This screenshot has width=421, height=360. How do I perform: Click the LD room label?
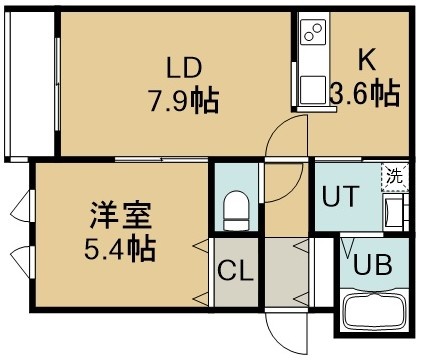coord(184,67)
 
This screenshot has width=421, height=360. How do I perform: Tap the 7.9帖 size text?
coord(184,100)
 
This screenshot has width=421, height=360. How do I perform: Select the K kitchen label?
coord(367,60)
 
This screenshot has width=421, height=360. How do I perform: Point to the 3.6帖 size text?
coord(365,93)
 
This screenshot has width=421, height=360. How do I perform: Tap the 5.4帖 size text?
coord(120,248)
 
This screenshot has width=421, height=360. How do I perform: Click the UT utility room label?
coord(341,196)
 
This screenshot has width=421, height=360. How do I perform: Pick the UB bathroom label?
coord(372,265)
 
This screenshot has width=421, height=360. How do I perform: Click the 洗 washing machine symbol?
coord(395,177)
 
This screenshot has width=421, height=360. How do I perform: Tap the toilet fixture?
coord(236,210)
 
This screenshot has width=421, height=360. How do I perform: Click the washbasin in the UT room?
coord(394,212)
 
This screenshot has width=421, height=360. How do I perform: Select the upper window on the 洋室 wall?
coord(23,206)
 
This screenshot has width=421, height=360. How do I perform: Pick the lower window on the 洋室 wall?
coord(23,263)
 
